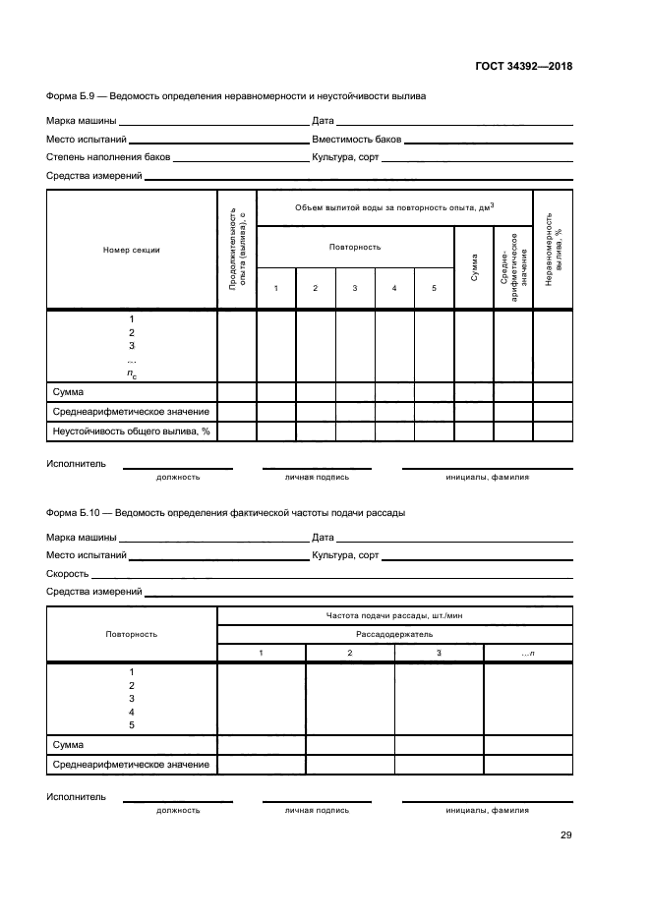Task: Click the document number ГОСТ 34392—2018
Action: pyautogui.click(x=520, y=67)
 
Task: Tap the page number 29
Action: pyautogui.click(x=566, y=835)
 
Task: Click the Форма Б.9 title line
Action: pyautogui.click(x=236, y=96)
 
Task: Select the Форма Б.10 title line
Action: pyautogui.click(x=225, y=512)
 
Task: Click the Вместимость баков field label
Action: pyautogui.click(x=356, y=141)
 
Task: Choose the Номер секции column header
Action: pyautogui.click(x=131, y=250)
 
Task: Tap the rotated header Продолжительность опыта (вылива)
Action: pyautogui.click(x=236, y=250)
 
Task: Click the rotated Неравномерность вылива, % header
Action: pyautogui.click(x=553, y=250)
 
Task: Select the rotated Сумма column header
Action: pyautogui.click(x=474, y=268)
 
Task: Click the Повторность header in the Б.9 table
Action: pyautogui.click(x=355, y=247)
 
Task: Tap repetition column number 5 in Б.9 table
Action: pyautogui.click(x=434, y=288)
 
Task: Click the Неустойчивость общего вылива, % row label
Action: pyautogui.click(x=131, y=431)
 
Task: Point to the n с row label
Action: pyautogui.click(x=131, y=373)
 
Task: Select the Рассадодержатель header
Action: pyautogui.click(x=394, y=635)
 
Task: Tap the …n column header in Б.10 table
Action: pyautogui.click(x=528, y=654)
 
